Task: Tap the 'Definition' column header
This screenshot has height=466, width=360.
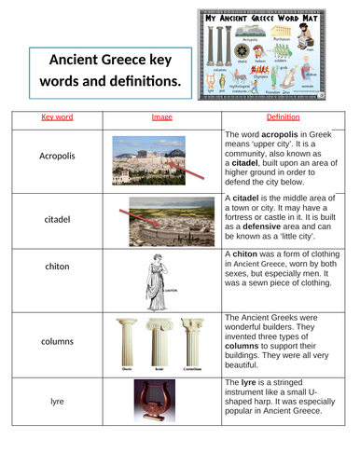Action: pyautogui.click(x=280, y=117)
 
